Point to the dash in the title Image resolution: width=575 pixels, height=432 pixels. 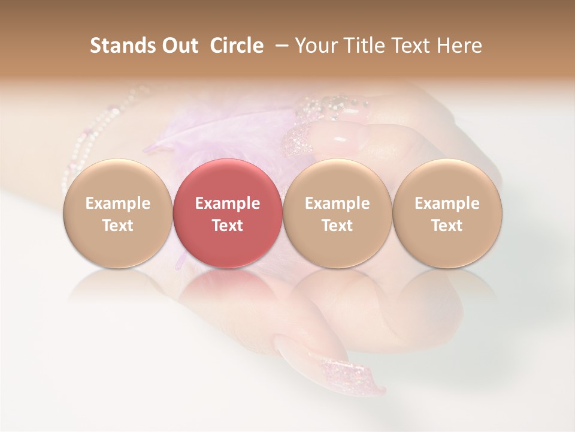(x=280, y=46)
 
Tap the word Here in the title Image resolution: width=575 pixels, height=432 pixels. (x=461, y=46)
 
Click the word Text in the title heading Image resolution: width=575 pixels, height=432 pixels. (x=409, y=46)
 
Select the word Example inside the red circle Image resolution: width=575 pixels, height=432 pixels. (x=228, y=203)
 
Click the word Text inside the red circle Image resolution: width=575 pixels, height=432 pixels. (x=228, y=226)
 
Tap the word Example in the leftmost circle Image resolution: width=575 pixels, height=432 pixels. (x=117, y=203)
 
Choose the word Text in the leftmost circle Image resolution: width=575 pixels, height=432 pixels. (x=117, y=226)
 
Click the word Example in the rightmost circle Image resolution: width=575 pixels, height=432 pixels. (x=447, y=203)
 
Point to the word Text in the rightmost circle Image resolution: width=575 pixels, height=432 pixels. (x=447, y=226)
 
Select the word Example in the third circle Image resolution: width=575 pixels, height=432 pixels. (x=337, y=203)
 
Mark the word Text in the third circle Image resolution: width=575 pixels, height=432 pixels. (x=337, y=226)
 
